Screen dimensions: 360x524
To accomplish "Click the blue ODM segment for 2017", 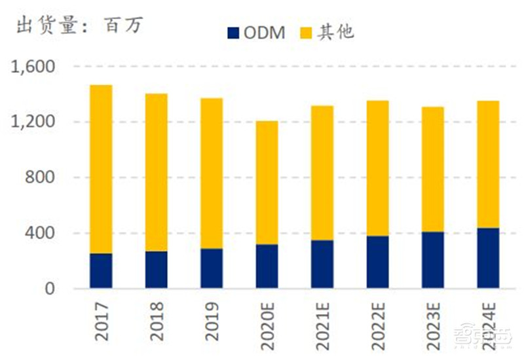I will [x=101, y=271].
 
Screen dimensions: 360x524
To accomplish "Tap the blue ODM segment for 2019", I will [x=212, y=268].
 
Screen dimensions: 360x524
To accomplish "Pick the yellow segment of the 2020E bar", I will [x=267, y=183].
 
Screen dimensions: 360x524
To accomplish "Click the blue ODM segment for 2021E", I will [x=322, y=264].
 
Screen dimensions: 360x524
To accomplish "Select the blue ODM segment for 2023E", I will [x=432, y=260].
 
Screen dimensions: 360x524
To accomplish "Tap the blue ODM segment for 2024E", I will [x=487, y=258].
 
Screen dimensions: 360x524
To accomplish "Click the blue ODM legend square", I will [x=233, y=32].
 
